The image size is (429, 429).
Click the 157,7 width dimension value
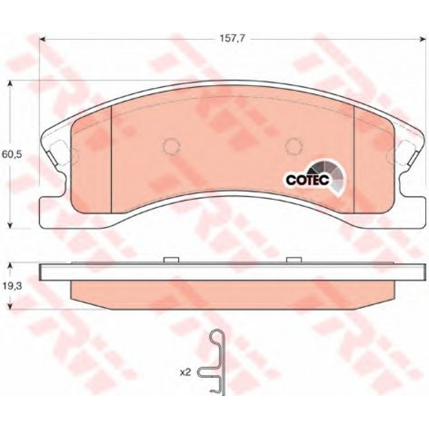pyautogui.click(x=232, y=39)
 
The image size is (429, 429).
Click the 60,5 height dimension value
pyautogui.click(x=12, y=155)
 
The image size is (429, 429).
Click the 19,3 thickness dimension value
pyautogui.click(x=11, y=287)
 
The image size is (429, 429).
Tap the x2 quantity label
pyautogui.click(x=185, y=373)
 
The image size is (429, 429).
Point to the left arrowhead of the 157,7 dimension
pyautogui.click(x=42, y=39)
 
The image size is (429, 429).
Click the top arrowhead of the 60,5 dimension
pyautogui.click(x=10, y=84)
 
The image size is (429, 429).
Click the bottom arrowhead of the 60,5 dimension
pyautogui.click(x=10, y=225)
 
